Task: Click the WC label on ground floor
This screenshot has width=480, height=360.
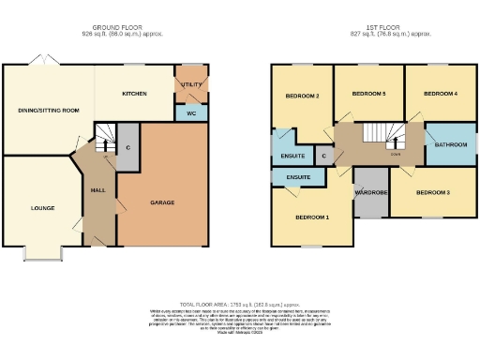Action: click(191, 112)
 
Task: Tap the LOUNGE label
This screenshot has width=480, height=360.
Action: click(43, 207)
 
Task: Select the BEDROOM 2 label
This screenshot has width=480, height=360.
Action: click(304, 97)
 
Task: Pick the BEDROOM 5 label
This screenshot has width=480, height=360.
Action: click(368, 94)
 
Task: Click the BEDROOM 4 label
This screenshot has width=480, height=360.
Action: click(440, 94)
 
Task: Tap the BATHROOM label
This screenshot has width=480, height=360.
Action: click(450, 145)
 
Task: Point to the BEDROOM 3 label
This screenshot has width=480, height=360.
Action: click(433, 192)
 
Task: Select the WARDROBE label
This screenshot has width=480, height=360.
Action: click(371, 192)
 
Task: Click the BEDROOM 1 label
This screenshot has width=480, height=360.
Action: click(312, 217)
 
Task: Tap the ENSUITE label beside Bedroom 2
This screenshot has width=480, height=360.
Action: click(290, 157)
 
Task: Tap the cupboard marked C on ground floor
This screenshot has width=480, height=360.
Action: click(127, 148)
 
